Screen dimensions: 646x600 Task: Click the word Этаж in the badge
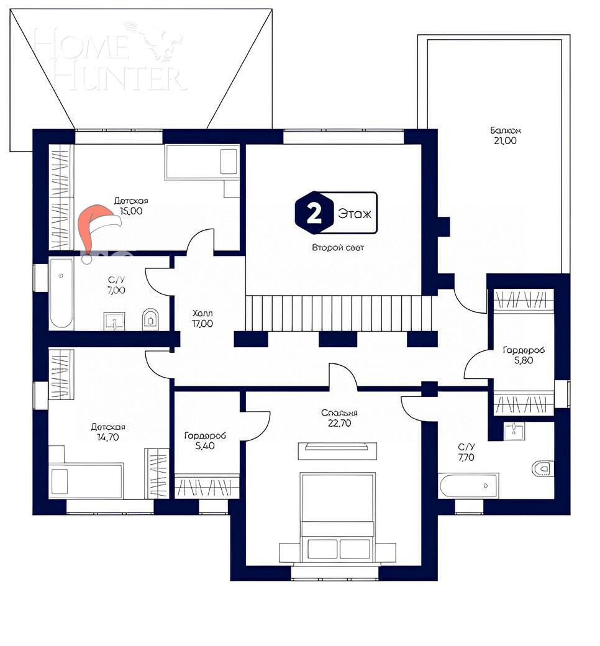click(x=355, y=214)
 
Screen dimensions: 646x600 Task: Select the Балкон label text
click(x=504, y=130)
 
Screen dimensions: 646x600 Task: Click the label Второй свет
click(x=338, y=247)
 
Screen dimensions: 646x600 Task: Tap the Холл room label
click(x=202, y=314)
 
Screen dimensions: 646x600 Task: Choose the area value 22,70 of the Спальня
click(x=339, y=425)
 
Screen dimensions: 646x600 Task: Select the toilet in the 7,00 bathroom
click(x=150, y=319)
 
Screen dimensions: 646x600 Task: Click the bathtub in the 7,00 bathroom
click(x=61, y=293)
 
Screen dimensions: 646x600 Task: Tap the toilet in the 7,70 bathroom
click(x=542, y=468)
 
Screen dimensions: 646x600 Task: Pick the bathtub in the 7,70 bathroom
click(x=468, y=485)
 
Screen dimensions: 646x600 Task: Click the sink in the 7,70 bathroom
click(x=514, y=430)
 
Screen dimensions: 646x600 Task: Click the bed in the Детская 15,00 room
click(x=202, y=162)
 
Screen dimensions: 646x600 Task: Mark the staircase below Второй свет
click(x=338, y=313)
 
